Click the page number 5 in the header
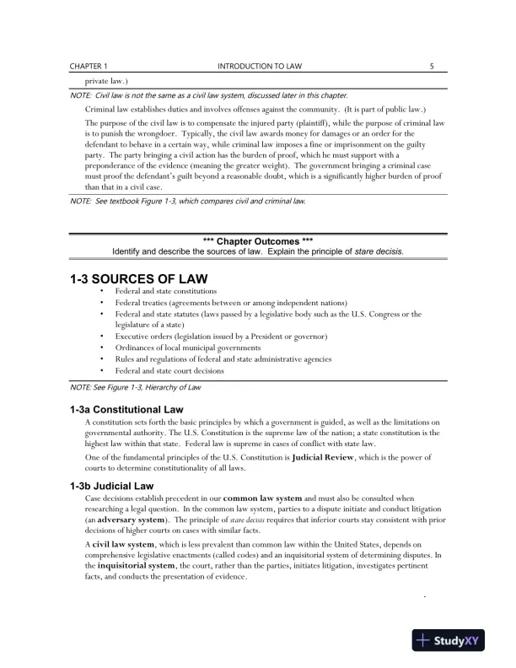[x=432, y=65]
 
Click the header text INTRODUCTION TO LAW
[x=258, y=65]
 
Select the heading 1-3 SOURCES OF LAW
[x=139, y=278]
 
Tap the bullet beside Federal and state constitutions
[x=102, y=291]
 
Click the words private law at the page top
[x=108, y=83]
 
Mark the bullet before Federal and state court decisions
[x=102, y=369]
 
